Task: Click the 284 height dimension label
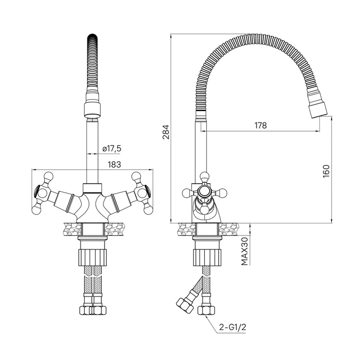[166, 132]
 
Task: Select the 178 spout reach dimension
[260, 125]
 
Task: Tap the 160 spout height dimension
[326, 171]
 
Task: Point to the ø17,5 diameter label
[112, 148]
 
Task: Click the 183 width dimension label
[114, 165]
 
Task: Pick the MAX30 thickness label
[244, 251]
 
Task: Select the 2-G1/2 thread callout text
[233, 327]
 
